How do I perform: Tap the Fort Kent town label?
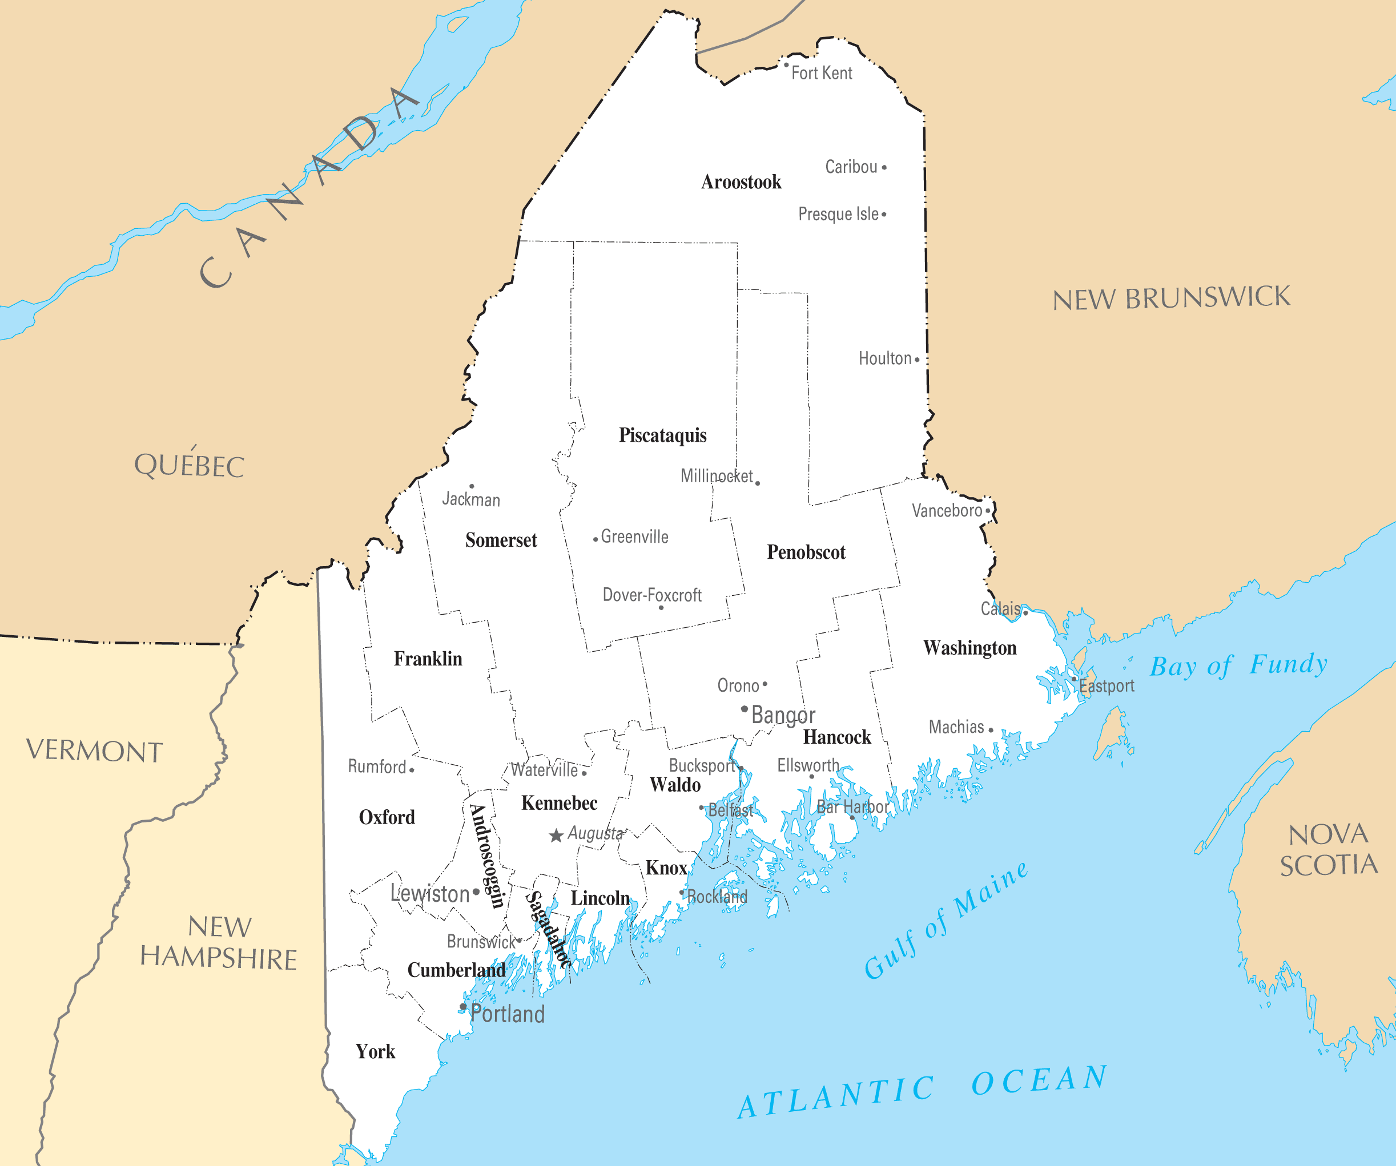coord(822,73)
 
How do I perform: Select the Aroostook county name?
coord(741,182)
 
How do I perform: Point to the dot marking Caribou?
coord(884,167)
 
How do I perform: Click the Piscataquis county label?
coord(663,435)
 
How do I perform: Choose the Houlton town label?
coord(885,359)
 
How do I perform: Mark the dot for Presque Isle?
coord(884,215)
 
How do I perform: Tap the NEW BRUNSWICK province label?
coord(1171,298)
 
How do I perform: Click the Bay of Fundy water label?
coord(1238,665)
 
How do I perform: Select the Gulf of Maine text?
coord(946,920)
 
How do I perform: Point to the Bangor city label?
coord(783,715)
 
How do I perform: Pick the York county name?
coord(375,1052)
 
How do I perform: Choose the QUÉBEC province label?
coord(190,465)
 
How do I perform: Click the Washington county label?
coord(970,648)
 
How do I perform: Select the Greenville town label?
coord(634,537)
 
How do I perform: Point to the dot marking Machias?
coord(991,730)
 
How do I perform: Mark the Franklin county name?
coord(428,659)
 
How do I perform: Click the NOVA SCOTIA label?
coord(1329,850)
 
